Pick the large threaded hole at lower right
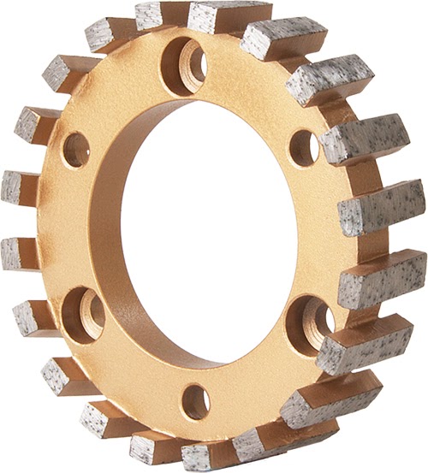pos(310,323)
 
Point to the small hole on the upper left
pos(75,149)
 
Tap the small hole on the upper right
pos(302,147)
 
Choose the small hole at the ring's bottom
pos(195,400)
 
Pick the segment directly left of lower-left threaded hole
pos(34,317)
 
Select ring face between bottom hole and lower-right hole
pos(257,376)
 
